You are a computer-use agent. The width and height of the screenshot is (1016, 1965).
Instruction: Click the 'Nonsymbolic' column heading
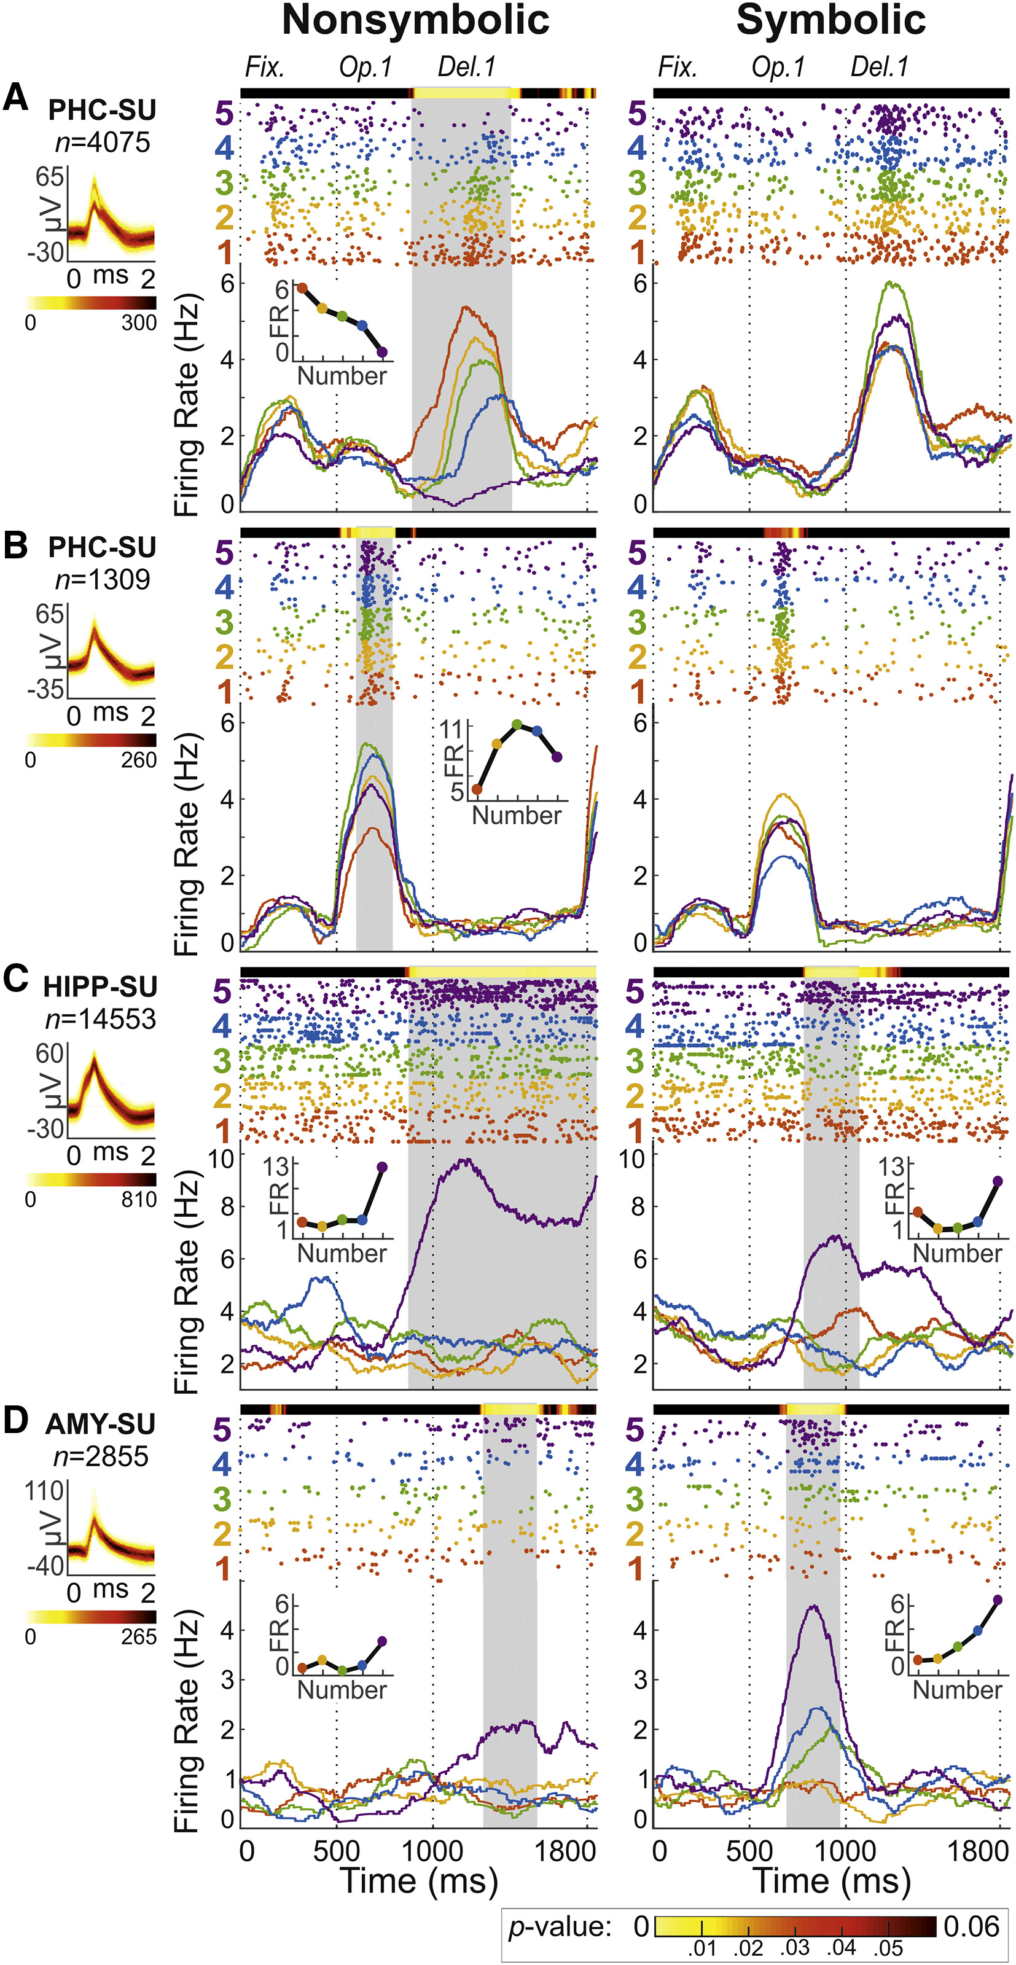(416, 21)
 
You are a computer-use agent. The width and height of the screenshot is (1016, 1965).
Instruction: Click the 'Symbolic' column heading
(830, 21)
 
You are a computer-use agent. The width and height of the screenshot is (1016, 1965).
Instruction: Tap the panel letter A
(15, 99)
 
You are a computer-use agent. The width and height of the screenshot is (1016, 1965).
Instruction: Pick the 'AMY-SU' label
(100, 1424)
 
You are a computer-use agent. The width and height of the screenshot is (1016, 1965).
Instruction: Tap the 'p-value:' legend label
(560, 1927)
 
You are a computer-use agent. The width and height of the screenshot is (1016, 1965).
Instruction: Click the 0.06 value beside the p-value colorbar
(971, 1927)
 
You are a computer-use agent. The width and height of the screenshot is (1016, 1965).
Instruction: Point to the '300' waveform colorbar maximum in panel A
(138, 322)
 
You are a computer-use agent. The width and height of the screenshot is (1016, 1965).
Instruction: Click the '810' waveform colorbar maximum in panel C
(138, 1200)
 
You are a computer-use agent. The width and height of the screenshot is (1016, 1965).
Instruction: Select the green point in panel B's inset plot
(517, 725)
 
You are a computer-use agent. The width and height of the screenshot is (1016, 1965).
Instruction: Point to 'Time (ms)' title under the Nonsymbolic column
(418, 1881)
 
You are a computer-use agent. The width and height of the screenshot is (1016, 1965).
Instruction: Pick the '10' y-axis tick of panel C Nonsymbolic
(221, 1158)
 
